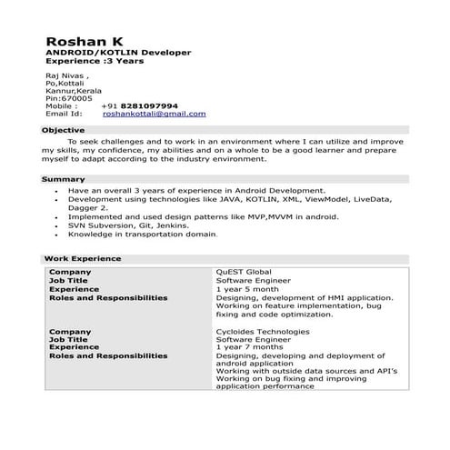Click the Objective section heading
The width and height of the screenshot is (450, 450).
pyautogui.click(x=64, y=131)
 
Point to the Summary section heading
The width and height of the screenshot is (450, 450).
pyautogui.click(x=64, y=179)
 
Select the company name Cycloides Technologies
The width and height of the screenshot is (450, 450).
pyautogui.click(x=262, y=332)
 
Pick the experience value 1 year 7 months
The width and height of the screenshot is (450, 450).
pyautogui.click(x=250, y=347)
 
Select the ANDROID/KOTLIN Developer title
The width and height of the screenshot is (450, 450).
pyautogui.click(x=118, y=53)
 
